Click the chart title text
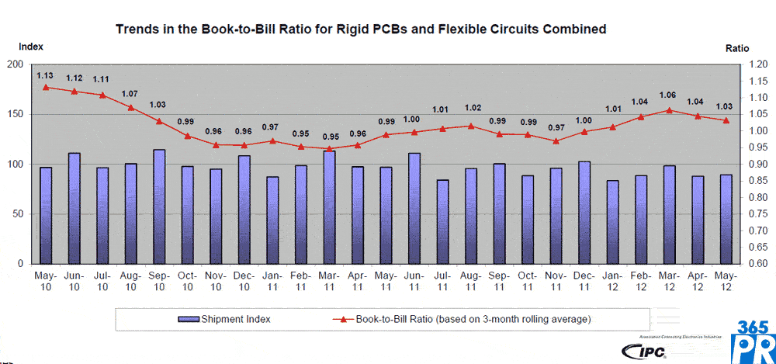[x=360, y=29]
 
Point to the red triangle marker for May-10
[x=46, y=87]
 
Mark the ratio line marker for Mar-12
[x=670, y=110]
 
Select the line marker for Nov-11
[x=556, y=140]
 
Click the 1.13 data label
[x=45, y=75]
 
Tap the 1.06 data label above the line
[x=667, y=95]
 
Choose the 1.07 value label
[x=130, y=95]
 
